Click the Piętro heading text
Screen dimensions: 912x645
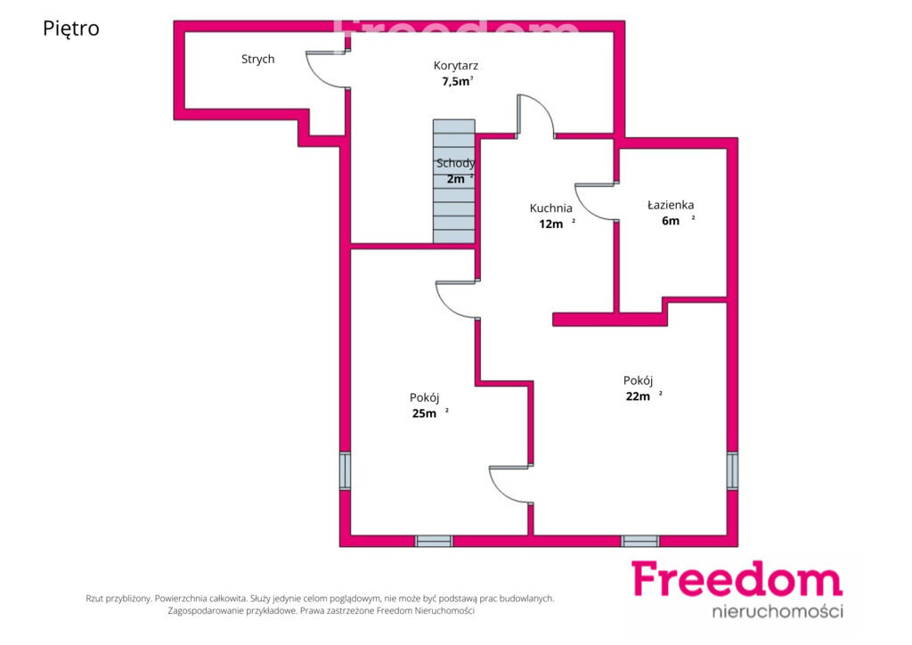pyautogui.click(x=71, y=29)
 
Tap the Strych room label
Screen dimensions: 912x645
pyautogui.click(x=257, y=59)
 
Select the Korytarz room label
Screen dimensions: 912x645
pyautogui.click(x=455, y=66)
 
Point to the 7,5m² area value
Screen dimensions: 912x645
pyautogui.click(x=457, y=81)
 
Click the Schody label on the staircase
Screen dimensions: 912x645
pyautogui.click(x=455, y=163)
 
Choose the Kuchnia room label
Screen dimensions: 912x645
pyautogui.click(x=550, y=208)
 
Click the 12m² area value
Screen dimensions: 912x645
pyautogui.click(x=557, y=224)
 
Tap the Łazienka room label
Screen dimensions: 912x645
pyautogui.click(x=671, y=205)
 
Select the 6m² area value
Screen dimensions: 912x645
pyautogui.click(x=678, y=220)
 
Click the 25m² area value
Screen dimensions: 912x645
pyautogui.click(x=430, y=413)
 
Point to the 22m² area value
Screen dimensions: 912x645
pyautogui.click(x=644, y=396)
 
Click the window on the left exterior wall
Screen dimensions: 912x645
pyautogui.click(x=345, y=470)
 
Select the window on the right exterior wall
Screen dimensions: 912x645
pyautogui.click(x=732, y=470)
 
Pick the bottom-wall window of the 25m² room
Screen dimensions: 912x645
pyautogui.click(x=434, y=541)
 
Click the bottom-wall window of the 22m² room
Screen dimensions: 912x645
pyautogui.click(x=639, y=541)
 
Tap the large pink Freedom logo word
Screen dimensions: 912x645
pyautogui.click(x=737, y=579)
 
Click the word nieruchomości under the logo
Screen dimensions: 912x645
pyautogui.click(x=778, y=611)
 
